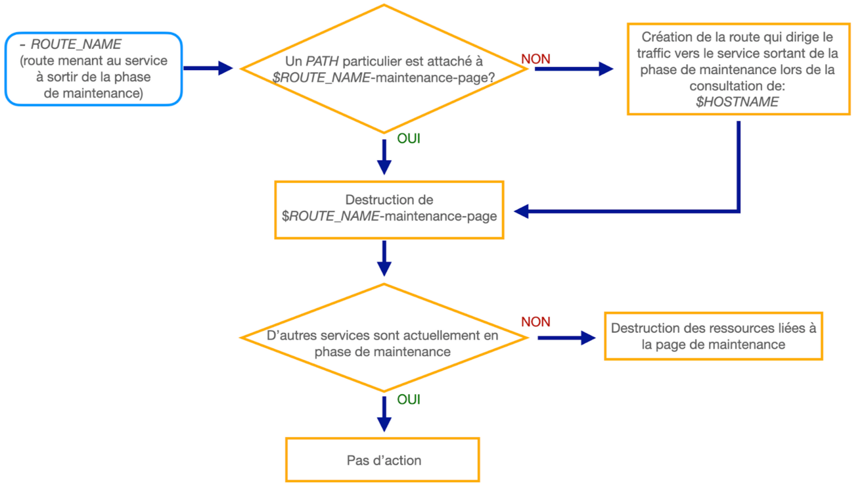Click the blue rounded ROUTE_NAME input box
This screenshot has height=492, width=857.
click(93, 69)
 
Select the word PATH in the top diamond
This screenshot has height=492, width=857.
click(322, 61)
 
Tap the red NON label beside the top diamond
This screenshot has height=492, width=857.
click(535, 59)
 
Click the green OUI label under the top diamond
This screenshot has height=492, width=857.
click(408, 138)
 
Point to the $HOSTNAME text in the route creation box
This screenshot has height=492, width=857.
click(737, 102)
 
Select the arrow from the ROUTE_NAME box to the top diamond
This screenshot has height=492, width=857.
click(208, 68)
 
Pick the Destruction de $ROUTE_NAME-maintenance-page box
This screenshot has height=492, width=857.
click(389, 210)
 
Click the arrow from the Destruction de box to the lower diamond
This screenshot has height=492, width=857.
click(384, 258)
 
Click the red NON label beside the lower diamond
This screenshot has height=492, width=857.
click(535, 322)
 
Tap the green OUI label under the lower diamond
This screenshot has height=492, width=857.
click(408, 399)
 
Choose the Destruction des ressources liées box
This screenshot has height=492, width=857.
click(713, 336)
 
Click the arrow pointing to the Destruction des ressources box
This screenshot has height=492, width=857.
click(566, 338)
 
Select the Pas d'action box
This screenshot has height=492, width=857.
click(383, 460)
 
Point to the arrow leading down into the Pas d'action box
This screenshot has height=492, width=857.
click(384, 414)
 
